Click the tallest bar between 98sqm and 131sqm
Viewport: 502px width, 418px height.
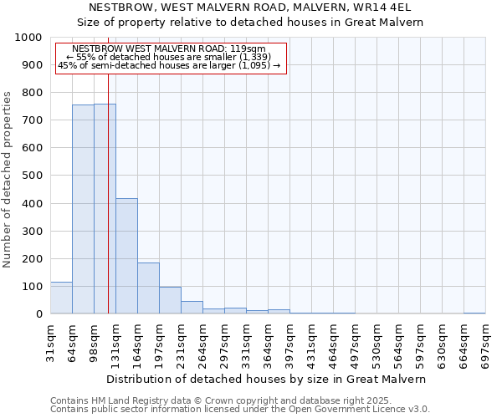(x=105, y=209)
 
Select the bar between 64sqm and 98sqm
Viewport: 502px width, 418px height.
(x=83, y=209)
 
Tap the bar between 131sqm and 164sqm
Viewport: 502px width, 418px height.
(x=126, y=256)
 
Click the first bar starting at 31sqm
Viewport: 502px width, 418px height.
(x=61, y=298)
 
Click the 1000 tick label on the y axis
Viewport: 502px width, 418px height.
(x=28, y=38)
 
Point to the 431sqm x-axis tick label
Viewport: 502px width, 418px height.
(x=311, y=343)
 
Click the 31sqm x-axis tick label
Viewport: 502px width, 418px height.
(x=50, y=343)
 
